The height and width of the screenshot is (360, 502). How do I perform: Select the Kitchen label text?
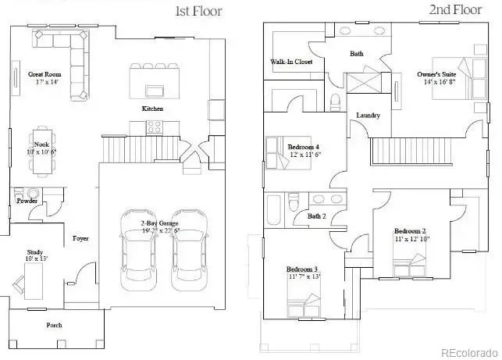pyautogui.click(x=152, y=109)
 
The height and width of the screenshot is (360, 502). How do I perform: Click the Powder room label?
pyautogui.click(x=27, y=201)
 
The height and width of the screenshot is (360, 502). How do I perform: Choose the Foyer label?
pyautogui.click(x=80, y=237)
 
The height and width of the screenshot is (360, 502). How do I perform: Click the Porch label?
pyautogui.click(x=54, y=325)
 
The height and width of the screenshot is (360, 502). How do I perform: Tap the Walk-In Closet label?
pyautogui.click(x=291, y=61)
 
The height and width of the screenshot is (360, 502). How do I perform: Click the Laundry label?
pyautogui.click(x=368, y=116)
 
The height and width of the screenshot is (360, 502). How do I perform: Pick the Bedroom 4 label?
pyautogui.click(x=303, y=147)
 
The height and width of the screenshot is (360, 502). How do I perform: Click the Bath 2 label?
pyautogui.click(x=316, y=216)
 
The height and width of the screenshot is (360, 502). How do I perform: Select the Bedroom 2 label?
pyautogui.click(x=410, y=231)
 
